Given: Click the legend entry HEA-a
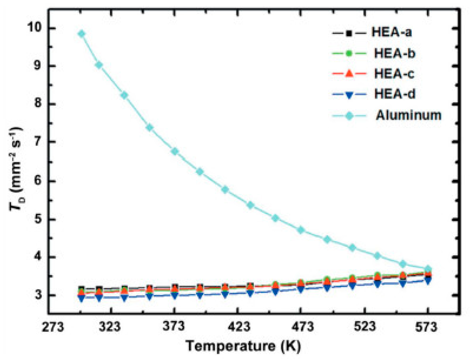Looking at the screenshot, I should point(391,32).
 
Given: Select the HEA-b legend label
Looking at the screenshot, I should point(395,53).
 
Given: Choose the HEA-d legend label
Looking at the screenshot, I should point(395,94).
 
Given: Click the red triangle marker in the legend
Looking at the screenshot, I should point(349,73).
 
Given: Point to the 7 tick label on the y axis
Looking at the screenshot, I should point(38,142).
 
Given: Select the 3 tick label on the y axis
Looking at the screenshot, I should point(38,295).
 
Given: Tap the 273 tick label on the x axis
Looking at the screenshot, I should point(53,327).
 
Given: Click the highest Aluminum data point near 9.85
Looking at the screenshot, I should point(81,34).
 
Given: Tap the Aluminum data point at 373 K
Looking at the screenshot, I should point(175,151).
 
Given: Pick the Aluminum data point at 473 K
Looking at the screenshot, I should point(301,230).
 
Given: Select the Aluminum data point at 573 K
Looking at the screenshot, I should point(428,269).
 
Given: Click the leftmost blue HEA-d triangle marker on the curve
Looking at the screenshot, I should point(81,298).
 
